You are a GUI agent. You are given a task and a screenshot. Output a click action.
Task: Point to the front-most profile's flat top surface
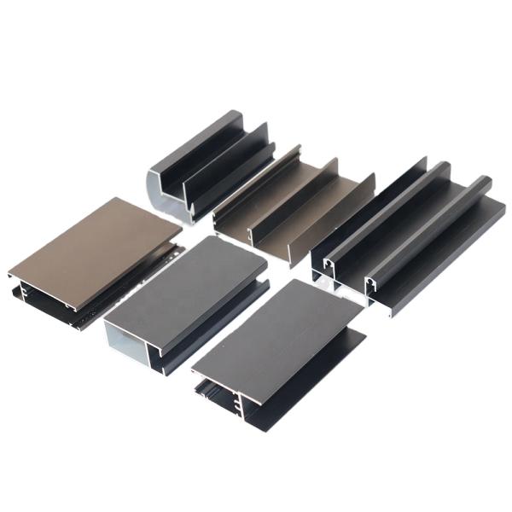click(273, 329)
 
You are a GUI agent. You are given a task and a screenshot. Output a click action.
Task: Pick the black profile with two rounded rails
click(410, 230)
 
